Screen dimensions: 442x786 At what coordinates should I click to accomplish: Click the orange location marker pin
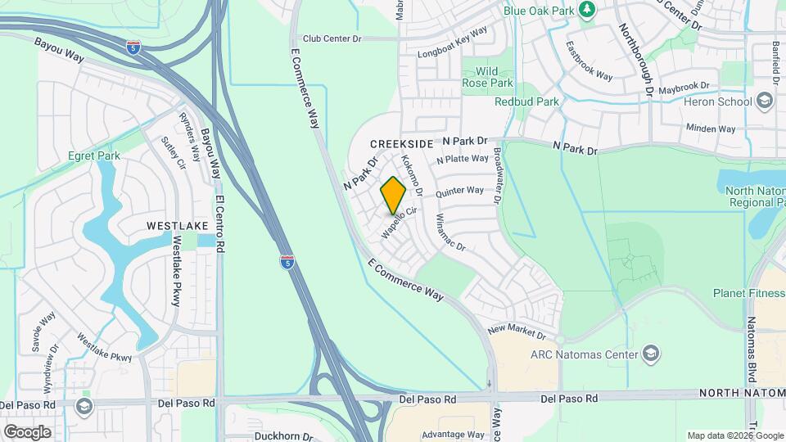click(x=394, y=196)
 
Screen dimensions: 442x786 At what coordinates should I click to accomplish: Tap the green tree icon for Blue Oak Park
click(x=586, y=9)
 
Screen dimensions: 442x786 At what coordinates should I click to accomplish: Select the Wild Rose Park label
click(x=487, y=77)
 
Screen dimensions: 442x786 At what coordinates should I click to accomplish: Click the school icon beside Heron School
click(x=765, y=101)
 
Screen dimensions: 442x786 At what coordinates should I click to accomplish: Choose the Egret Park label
click(x=94, y=156)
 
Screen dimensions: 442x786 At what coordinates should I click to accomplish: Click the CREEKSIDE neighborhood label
click(x=401, y=143)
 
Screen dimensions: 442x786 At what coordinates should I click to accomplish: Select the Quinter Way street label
click(x=459, y=192)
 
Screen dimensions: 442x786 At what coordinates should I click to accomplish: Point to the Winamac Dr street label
click(x=450, y=232)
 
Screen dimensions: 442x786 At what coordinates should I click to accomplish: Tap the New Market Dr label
click(x=516, y=332)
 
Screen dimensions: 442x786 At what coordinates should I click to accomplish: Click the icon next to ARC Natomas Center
click(x=652, y=354)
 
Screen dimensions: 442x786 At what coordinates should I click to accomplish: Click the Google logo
click(x=27, y=431)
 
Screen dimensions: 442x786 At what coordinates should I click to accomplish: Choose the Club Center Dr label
click(x=332, y=38)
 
